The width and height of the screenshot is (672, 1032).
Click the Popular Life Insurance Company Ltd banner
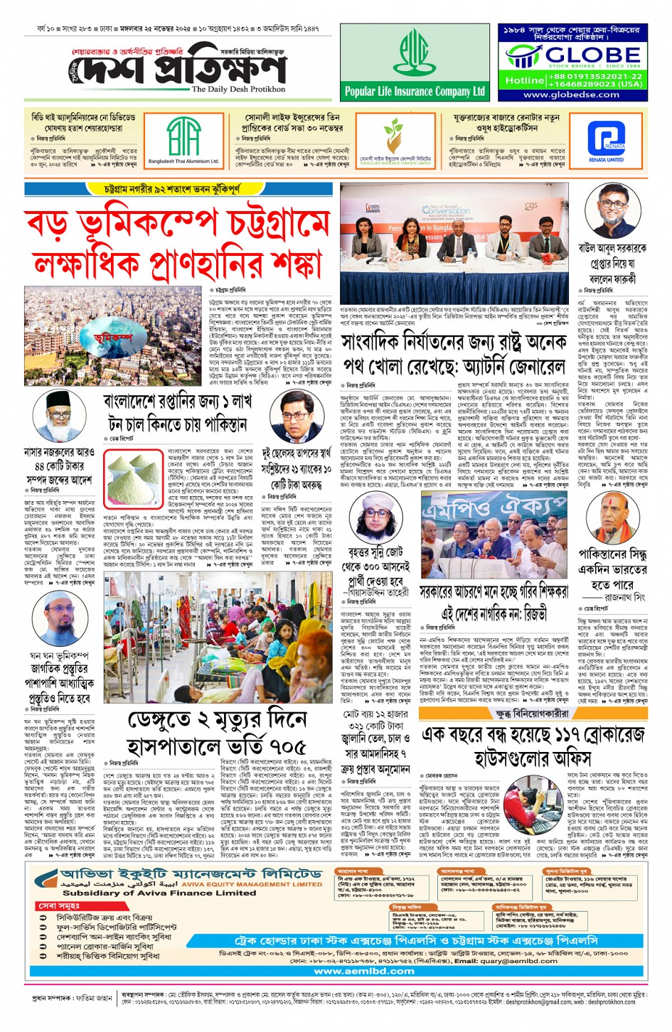click(x=415, y=91)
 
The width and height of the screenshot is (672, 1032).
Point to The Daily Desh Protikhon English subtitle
click(x=238, y=90)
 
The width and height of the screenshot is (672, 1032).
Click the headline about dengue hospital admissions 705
click(x=217, y=732)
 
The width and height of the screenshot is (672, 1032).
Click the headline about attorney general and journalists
click(x=454, y=354)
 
